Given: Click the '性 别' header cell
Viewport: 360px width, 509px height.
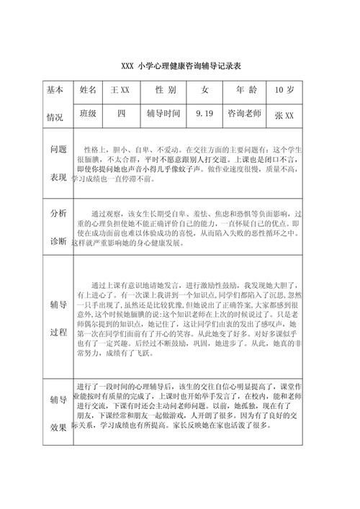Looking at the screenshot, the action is point(165,91).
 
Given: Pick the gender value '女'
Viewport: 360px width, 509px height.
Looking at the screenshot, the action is point(205,91).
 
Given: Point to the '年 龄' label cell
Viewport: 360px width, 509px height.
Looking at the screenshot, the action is point(245,91).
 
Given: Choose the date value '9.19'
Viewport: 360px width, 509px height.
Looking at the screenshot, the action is point(204,114).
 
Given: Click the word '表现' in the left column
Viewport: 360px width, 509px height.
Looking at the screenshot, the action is point(58,177).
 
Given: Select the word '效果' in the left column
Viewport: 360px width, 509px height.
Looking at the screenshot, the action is point(58,426).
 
